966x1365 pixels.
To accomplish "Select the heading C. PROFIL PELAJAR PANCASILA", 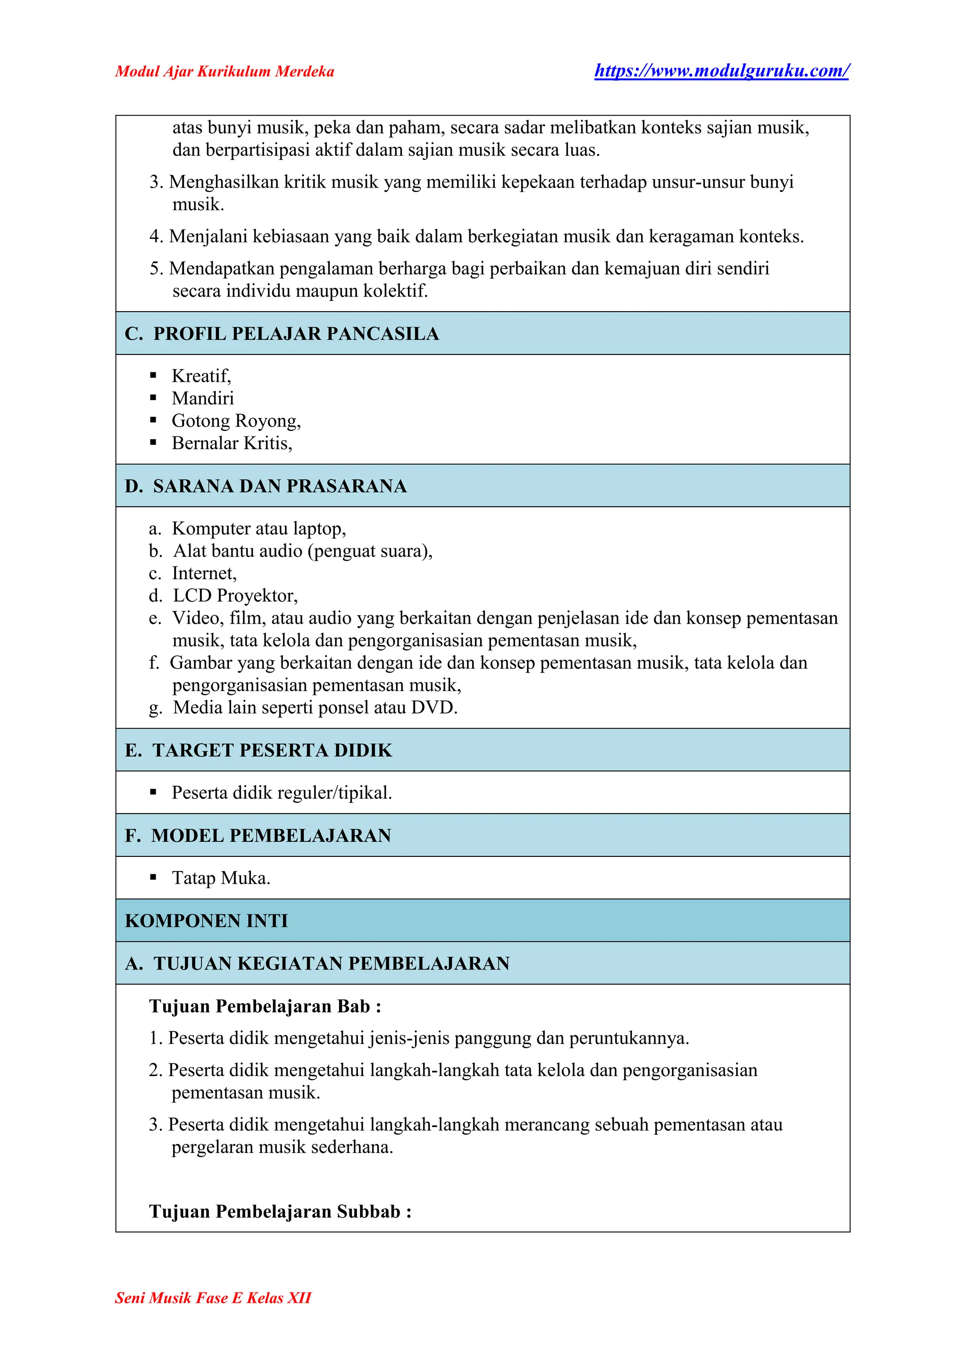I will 282,334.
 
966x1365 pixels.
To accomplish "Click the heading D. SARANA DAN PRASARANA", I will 266,486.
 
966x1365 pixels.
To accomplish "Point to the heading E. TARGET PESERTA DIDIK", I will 259,750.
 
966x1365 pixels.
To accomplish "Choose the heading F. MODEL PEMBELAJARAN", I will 258,835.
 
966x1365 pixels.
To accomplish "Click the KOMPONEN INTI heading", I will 207,921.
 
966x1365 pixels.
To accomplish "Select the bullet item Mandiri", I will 203,398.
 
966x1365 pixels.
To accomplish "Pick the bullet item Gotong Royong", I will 235,421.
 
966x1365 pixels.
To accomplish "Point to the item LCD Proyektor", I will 235,595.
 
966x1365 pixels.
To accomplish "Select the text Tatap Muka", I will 221,878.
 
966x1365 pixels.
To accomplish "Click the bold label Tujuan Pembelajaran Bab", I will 265,1006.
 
